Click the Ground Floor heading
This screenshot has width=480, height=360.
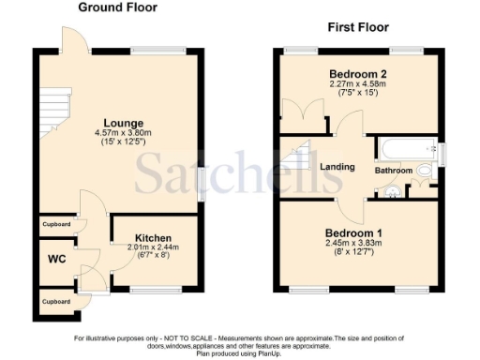point(117,7)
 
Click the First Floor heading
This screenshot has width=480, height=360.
point(357,27)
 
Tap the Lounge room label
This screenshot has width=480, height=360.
point(124,123)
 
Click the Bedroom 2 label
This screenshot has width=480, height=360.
point(358,73)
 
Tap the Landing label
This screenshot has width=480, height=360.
point(337,167)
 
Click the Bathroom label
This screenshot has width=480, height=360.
point(394,171)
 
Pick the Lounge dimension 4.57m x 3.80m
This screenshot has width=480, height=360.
point(124,133)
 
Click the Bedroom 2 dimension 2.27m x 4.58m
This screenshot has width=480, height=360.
point(358,83)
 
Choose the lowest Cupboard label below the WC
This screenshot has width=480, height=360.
point(56,302)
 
